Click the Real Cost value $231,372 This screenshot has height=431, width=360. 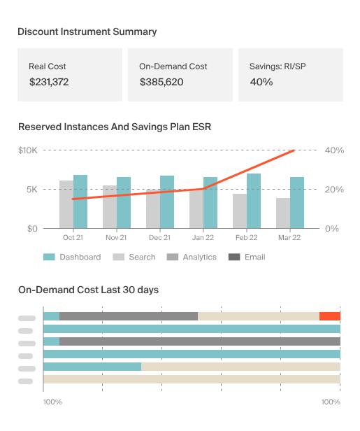[x=49, y=82]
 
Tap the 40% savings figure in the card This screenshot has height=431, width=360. [x=261, y=82]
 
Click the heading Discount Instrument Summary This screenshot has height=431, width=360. [x=87, y=31]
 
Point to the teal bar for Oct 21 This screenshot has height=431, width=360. [x=80, y=202]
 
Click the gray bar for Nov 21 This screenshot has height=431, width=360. [x=110, y=207]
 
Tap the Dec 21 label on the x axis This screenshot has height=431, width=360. [x=160, y=238]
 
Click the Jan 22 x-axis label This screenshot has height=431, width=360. [x=203, y=238]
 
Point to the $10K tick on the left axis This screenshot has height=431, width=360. [x=27, y=150]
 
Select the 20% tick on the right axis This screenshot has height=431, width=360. [x=334, y=190]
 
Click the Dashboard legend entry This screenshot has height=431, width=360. [x=72, y=257]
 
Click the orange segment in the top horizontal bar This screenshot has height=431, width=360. [x=329, y=316]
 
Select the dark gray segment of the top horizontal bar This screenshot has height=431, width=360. [x=129, y=316]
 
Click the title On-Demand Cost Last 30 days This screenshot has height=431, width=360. [x=88, y=289]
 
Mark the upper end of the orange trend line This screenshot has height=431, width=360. [x=294, y=150]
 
